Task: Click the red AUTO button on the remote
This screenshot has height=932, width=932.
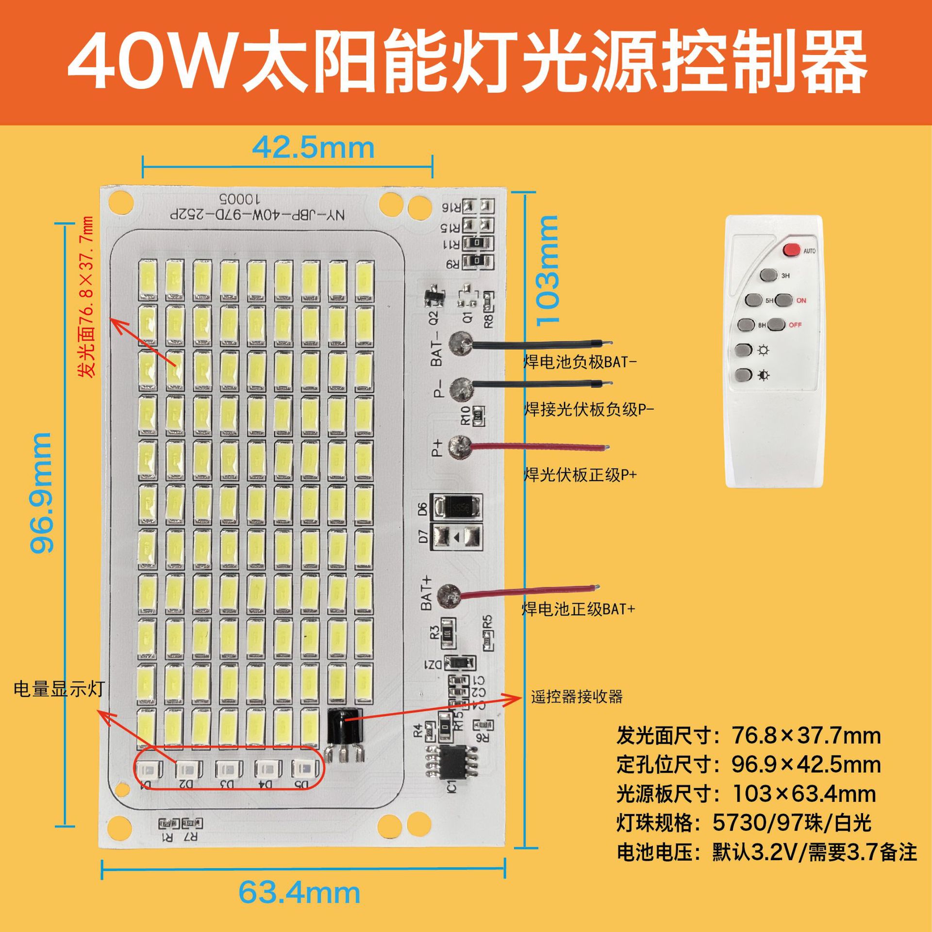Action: point(791,250)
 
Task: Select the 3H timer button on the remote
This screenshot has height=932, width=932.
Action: point(767,275)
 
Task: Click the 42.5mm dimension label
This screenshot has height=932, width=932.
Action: point(313,148)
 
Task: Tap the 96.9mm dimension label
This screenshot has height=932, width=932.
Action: point(42,492)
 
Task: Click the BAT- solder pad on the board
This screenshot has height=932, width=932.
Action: point(460,344)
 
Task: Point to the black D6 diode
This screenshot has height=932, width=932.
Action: point(458,508)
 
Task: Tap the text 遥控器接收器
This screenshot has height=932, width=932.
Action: point(577,697)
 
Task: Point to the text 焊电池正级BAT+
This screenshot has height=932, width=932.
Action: point(579,609)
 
